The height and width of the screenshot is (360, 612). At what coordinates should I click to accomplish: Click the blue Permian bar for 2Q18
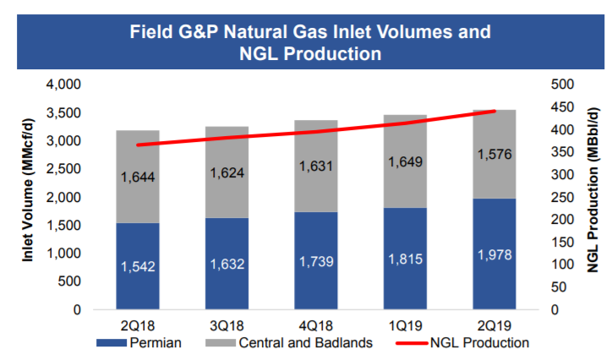click(x=138, y=266)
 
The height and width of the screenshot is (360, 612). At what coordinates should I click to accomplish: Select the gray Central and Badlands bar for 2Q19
click(x=495, y=154)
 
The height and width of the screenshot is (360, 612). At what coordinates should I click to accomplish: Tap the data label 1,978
click(x=495, y=254)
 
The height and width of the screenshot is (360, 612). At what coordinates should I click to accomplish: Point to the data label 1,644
click(x=138, y=177)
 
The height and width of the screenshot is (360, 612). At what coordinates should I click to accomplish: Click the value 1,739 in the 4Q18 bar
click(x=316, y=261)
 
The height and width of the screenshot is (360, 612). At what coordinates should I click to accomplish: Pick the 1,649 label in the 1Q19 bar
click(x=405, y=161)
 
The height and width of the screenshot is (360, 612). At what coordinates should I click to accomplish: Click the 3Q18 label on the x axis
click(x=227, y=325)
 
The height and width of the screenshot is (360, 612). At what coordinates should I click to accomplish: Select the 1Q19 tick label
click(x=405, y=325)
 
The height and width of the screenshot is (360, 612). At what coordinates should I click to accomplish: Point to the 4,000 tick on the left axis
click(x=63, y=85)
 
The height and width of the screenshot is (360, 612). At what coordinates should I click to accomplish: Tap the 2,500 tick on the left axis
click(x=63, y=169)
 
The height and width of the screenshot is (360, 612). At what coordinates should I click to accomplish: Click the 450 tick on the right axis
click(x=562, y=106)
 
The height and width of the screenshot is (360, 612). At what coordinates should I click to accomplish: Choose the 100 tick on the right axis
click(x=562, y=265)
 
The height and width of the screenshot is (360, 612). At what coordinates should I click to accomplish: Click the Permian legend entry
click(x=139, y=343)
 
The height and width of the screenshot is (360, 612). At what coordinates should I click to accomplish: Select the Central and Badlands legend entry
click(x=289, y=343)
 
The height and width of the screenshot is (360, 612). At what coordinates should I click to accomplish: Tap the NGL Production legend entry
click(x=462, y=343)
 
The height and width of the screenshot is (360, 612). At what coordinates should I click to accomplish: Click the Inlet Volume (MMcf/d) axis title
click(x=27, y=190)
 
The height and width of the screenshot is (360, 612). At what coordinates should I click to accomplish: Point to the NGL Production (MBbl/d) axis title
click(x=593, y=190)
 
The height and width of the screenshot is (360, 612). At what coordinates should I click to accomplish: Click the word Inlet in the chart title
click(x=352, y=31)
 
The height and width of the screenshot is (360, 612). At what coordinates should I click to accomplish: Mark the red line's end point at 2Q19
click(x=495, y=112)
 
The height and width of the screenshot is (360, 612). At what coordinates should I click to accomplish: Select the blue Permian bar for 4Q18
click(x=316, y=260)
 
